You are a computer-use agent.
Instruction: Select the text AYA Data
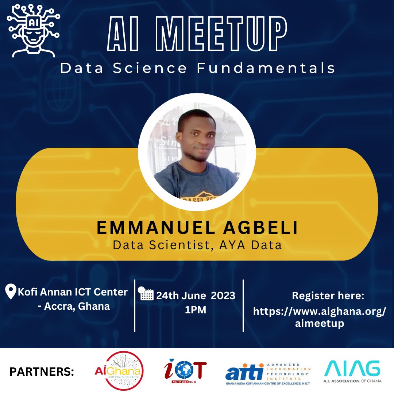[251, 245]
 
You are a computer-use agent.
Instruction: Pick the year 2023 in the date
[221, 295]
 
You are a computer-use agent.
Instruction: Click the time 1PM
[196, 310]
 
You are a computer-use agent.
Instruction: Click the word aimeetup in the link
[320, 323]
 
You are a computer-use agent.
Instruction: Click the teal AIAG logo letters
[352, 368]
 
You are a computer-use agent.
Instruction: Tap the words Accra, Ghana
[77, 306]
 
